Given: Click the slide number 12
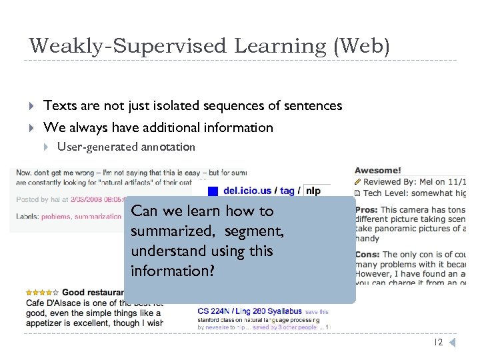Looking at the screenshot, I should click(x=438, y=343).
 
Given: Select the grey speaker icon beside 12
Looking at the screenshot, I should click(x=451, y=343).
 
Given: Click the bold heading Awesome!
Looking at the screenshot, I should click(x=377, y=171).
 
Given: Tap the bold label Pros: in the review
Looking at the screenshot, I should click(x=366, y=209).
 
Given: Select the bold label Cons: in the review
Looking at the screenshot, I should click(x=367, y=254).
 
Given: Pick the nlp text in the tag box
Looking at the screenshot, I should click(x=313, y=191).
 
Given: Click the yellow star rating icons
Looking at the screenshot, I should click(x=42, y=292).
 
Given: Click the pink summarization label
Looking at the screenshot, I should click(x=98, y=217).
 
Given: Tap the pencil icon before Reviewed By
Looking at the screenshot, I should click(x=358, y=181).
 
